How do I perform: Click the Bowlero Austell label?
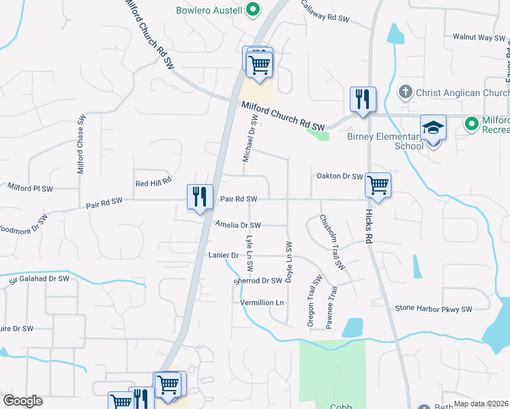point(209,10)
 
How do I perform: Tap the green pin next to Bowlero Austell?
point(253,10)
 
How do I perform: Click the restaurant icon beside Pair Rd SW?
point(200,197)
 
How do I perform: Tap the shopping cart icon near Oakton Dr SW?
point(378,184)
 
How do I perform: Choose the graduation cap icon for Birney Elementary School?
point(433,127)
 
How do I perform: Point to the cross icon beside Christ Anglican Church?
point(405,92)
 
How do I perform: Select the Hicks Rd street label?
point(369,226)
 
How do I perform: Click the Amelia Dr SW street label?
point(238,225)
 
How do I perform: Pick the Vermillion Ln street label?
point(261,302)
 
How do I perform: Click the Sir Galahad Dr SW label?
point(39,279)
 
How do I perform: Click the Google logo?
point(22,401)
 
